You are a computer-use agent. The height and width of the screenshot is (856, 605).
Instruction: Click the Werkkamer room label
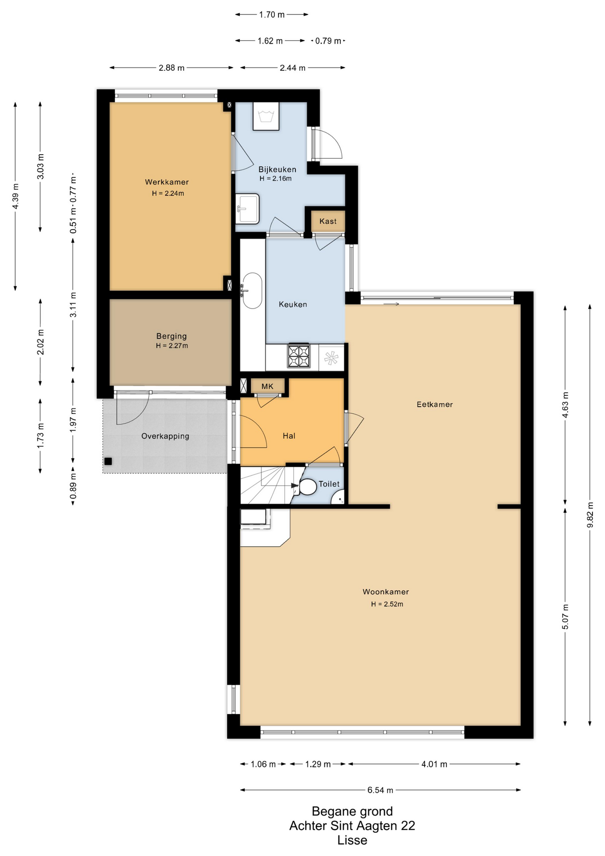[167, 182]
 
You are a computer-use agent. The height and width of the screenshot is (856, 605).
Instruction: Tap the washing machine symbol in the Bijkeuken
[266, 116]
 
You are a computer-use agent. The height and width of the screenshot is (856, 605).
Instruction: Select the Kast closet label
[328, 221]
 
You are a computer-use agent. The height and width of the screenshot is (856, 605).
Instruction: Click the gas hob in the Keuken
[298, 356]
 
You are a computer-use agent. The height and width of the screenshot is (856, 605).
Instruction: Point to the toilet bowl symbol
[307, 486]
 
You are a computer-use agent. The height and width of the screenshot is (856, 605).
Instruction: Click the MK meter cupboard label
[267, 386]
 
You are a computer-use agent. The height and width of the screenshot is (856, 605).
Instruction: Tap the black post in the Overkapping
[108, 461]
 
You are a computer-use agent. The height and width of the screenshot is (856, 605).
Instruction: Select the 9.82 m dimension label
[590, 515]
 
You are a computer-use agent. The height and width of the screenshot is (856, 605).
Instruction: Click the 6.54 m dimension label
[380, 790]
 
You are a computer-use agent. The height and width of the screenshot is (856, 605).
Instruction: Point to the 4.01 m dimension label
[434, 764]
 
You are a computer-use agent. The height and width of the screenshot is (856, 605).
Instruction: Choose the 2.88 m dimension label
[172, 68]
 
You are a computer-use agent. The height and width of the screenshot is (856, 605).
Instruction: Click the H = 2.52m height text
[387, 604]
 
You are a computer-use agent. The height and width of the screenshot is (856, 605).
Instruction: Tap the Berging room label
[172, 336]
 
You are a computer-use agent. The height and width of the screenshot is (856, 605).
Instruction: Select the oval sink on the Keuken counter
[253, 290]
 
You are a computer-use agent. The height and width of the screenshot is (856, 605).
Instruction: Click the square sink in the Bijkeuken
[247, 208]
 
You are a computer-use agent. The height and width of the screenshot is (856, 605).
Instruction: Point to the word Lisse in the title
[352, 840]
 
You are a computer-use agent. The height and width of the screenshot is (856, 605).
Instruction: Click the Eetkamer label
[435, 404]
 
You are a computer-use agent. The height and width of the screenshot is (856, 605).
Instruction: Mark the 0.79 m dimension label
[328, 41]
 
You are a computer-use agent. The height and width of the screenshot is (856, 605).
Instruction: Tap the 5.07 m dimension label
[565, 617]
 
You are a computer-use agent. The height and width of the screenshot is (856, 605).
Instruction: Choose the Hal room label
[289, 436]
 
